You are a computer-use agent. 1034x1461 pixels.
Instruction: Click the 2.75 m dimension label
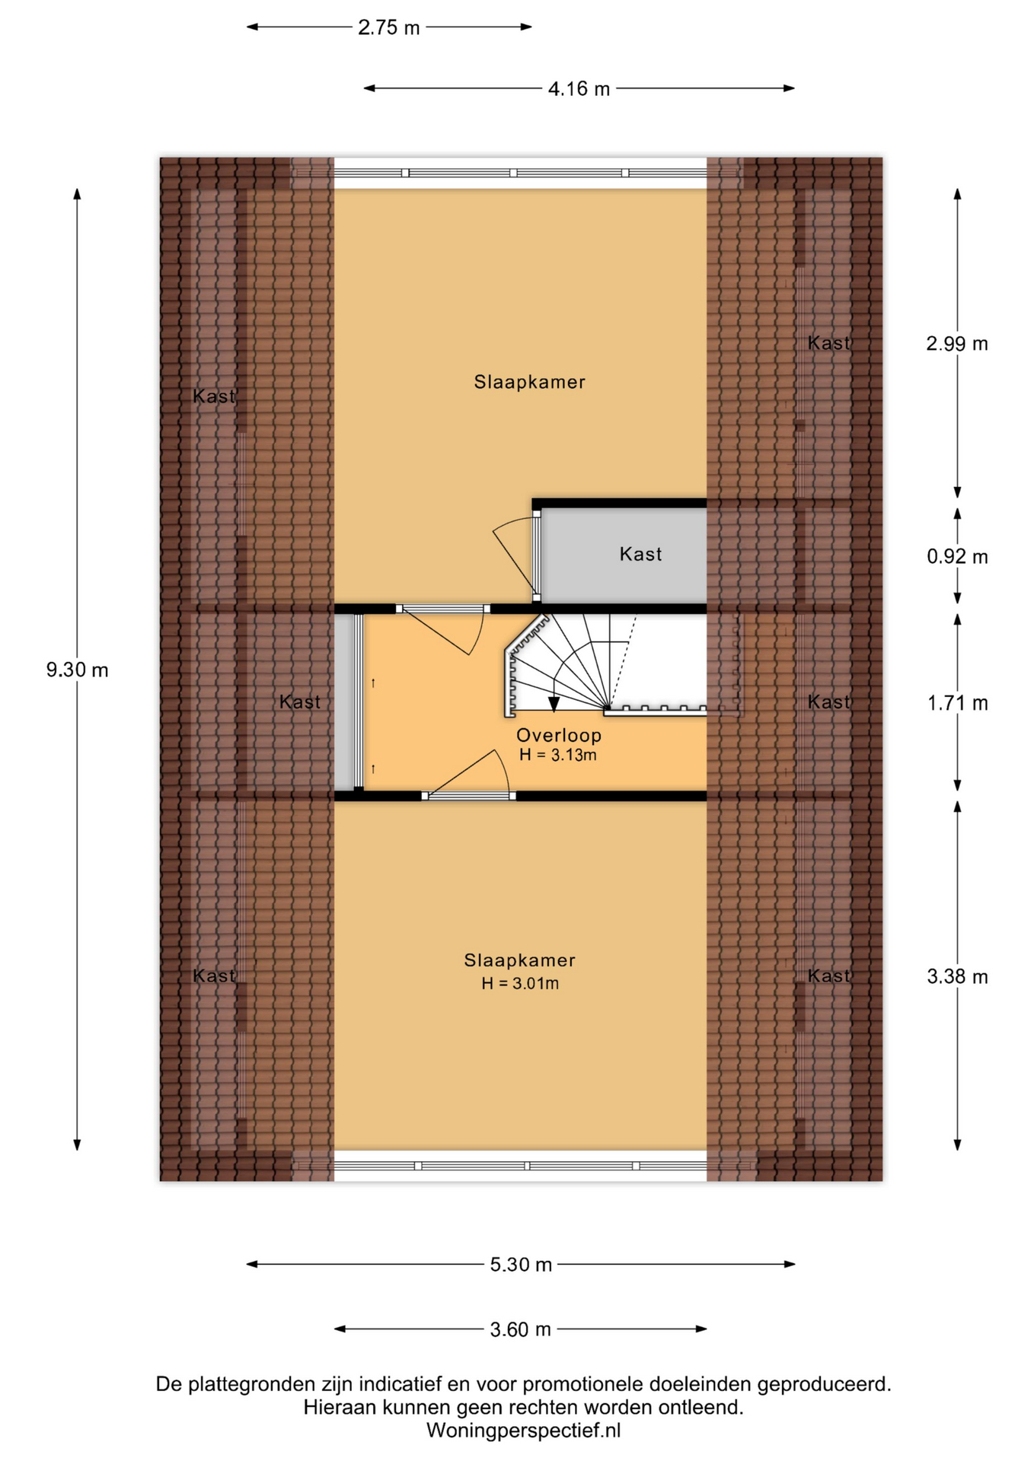(389, 27)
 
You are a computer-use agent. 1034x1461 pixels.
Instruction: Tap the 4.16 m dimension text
(579, 89)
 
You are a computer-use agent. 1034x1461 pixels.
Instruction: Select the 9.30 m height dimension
(78, 670)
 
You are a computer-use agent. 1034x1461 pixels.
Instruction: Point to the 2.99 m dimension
(957, 344)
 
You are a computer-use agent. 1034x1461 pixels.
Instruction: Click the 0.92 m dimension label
(957, 557)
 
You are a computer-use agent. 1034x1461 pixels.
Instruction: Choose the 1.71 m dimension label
(957, 703)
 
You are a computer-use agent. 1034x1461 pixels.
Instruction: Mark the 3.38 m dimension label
(957, 976)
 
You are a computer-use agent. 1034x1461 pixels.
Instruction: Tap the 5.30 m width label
(521, 1265)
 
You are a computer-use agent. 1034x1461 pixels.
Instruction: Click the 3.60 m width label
(521, 1329)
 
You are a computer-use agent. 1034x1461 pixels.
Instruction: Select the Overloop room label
(559, 735)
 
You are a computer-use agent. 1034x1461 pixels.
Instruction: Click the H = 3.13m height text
(558, 755)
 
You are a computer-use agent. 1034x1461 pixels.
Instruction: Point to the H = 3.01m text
(520, 983)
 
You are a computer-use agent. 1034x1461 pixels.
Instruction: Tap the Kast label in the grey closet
(640, 554)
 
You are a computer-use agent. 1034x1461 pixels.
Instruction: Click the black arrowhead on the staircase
(554, 704)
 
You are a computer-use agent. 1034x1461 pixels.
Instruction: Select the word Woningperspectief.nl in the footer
(523, 1431)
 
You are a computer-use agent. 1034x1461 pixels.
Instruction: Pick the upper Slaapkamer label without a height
(529, 382)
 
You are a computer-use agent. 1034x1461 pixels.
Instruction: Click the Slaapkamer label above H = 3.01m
(520, 960)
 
